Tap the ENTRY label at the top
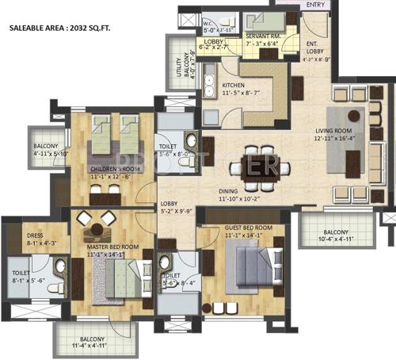click(314, 6)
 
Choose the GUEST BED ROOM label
click(249, 228)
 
